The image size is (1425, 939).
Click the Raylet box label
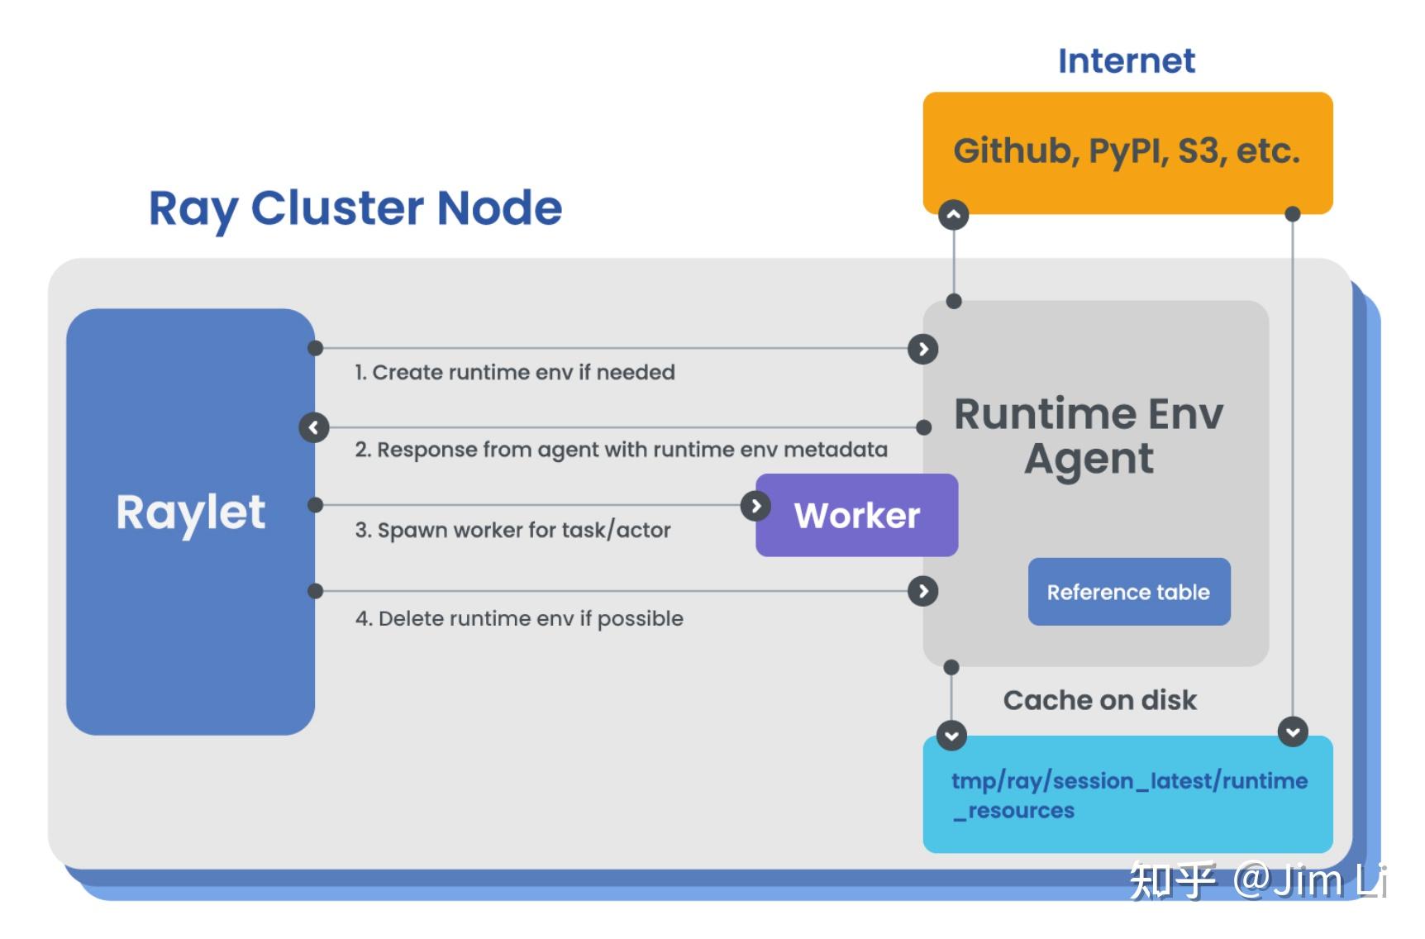pos(191,512)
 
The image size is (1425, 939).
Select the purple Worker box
pos(857,515)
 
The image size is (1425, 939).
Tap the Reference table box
pos(1128,592)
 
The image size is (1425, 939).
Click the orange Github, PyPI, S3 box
pos(1127,152)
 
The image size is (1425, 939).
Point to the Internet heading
pos(1126,60)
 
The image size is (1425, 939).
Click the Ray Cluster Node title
pos(355,207)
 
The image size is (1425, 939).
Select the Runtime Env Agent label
pos(1089,436)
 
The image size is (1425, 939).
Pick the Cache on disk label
pos(1099,700)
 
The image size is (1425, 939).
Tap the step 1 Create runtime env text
pos(514,372)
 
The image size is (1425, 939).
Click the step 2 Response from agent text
pos(621,450)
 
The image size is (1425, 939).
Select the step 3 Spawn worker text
pos(512,530)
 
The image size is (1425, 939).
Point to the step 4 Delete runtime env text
pos(519,618)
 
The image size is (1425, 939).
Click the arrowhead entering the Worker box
pos(755,505)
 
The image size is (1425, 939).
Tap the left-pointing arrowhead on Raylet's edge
pos(314,427)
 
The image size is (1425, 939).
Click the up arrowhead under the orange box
pos(953,215)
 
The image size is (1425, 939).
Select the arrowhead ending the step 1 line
pos(922,349)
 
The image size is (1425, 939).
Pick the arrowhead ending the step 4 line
pos(922,591)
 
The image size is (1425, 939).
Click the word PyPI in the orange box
pos(1128,152)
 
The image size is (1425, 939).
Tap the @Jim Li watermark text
pos(1309,879)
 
